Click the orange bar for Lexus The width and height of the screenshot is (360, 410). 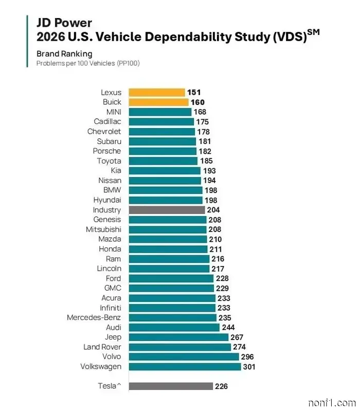point(156,93)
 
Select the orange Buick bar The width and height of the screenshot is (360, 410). point(158,102)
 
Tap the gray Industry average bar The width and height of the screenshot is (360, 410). point(167,210)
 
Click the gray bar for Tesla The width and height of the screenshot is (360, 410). point(170,386)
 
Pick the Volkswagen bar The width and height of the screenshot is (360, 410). point(185,366)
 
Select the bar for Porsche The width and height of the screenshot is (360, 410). point(162,151)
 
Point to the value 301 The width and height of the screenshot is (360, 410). point(248,367)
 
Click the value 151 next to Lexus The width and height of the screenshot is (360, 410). point(194,93)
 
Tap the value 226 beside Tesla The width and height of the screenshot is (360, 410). point(221,386)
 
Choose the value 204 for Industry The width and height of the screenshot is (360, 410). point(213,210)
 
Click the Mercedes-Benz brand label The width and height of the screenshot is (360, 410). point(94,317)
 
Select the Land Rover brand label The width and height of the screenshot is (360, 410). point(102,347)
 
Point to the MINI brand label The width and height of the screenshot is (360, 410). point(114,112)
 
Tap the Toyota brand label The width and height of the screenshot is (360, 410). point(109,161)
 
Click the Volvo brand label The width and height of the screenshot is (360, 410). point(111,356)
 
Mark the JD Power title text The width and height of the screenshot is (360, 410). point(64,23)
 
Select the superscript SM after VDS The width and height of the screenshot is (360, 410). point(313,32)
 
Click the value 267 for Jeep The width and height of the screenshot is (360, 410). point(236,337)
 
